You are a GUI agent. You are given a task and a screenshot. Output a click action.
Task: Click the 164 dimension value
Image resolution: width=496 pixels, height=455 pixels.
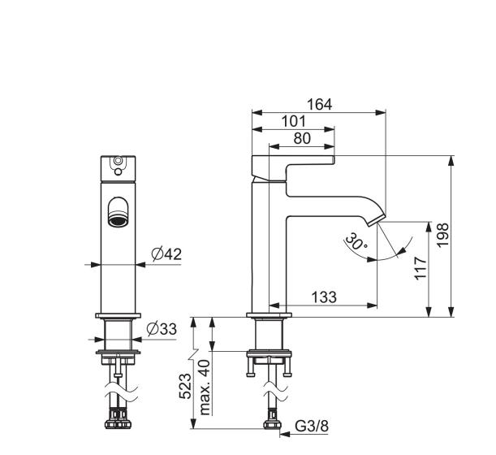[x=320, y=105]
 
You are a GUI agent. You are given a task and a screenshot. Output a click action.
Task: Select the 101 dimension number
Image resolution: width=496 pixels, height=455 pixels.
[x=294, y=122]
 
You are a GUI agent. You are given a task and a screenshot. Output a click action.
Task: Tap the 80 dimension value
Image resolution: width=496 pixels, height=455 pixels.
[x=302, y=139]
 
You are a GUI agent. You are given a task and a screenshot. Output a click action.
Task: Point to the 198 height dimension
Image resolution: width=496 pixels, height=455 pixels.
[x=443, y=235]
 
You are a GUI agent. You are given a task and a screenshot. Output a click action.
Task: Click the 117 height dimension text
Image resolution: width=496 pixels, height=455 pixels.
[x=421, y=268]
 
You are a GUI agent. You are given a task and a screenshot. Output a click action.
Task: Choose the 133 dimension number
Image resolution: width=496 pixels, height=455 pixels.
[x=324, y=297]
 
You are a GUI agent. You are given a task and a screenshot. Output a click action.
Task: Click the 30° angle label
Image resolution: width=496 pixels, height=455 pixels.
[x=356, y=241]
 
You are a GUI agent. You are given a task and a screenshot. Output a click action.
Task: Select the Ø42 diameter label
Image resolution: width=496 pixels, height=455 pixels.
[x=166, y=254]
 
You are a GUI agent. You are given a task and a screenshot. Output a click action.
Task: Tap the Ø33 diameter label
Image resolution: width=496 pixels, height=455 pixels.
[x=162, y=329]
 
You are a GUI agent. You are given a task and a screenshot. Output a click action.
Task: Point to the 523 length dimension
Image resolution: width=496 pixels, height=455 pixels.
[x=185, y=386]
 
